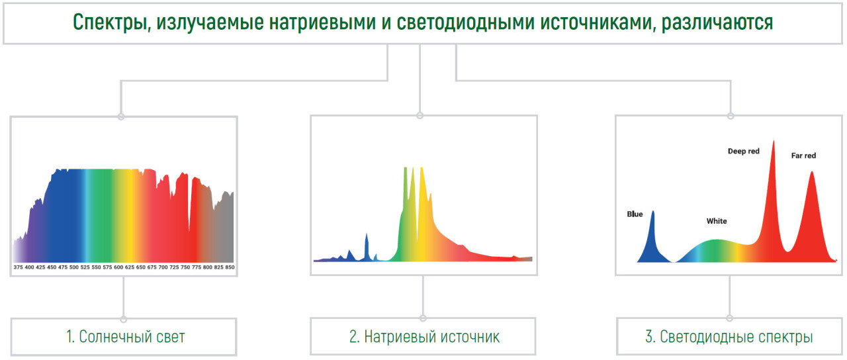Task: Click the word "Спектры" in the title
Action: point(109,22)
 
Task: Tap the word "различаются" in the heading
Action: point(717,22)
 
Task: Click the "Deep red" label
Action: point(743,152)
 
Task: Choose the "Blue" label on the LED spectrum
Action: point(635,214)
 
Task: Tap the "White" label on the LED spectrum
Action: point(717,221)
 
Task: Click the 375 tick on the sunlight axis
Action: point(18,267)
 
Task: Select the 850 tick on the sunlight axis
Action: point(230,267)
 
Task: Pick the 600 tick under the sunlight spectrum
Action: point(118,267)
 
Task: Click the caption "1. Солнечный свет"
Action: point(125,337)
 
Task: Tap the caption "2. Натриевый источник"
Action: point(424,337)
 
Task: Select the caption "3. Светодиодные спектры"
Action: point(729,337)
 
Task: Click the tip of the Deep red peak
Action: point(774,141)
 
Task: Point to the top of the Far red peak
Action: point(811,172)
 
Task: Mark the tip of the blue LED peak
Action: point(652,211)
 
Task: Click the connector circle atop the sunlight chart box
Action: point(121,116)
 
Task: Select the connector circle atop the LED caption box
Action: point(729,318)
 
